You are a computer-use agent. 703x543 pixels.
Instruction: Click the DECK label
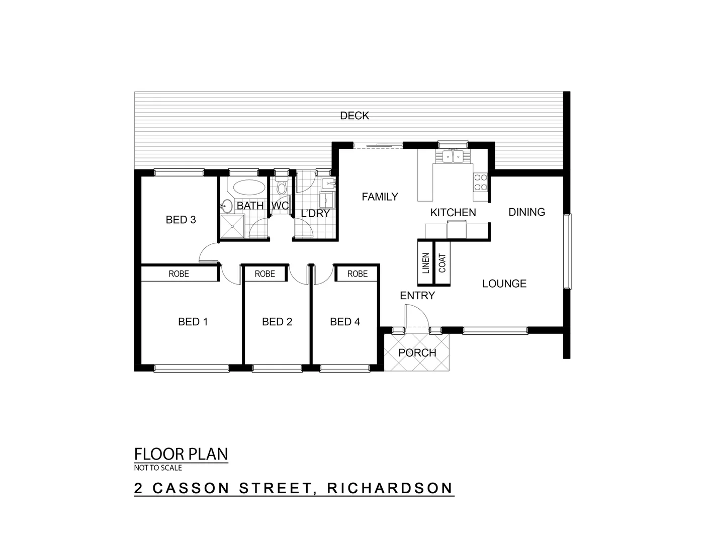click(355, 116)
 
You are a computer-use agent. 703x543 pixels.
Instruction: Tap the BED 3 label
click(181, 220)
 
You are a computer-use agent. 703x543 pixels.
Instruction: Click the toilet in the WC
click(282, 189)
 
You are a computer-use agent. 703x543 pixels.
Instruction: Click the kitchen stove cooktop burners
click(480, 182)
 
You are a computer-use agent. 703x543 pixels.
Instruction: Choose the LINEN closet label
click(425, 263)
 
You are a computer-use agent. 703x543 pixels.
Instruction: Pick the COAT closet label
click(442, 263)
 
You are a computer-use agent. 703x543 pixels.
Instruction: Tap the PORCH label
click(417, 353)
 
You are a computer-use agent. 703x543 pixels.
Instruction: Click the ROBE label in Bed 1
click(179, 274)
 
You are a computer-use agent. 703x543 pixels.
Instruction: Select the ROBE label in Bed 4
click(358, 274)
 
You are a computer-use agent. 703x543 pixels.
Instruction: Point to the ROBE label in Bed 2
click(265, 274)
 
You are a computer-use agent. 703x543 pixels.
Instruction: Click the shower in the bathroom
click(232, 227)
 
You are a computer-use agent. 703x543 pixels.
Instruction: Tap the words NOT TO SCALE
click(158, 468)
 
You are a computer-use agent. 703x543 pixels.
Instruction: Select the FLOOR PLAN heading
click(181, 454)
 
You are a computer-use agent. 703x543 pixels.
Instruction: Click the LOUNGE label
click(504, 284)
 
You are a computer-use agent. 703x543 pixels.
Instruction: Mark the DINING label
click(526, 212)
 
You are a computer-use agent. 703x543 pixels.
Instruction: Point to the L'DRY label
click(315, 213)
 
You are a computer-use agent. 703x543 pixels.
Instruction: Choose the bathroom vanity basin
click(226, 205)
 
